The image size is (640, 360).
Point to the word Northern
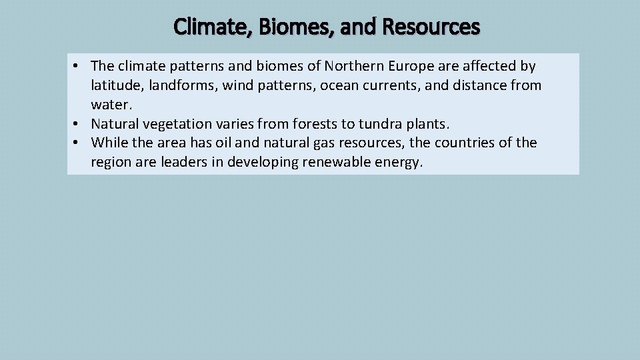tap(351, 66)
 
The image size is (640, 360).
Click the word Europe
tap(409, 66)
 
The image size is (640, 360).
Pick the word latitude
tap(115, 85)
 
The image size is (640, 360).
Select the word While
tap(108, 143)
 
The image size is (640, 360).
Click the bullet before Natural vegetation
tap(77, 124)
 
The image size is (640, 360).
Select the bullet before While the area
tap(77, 143)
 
